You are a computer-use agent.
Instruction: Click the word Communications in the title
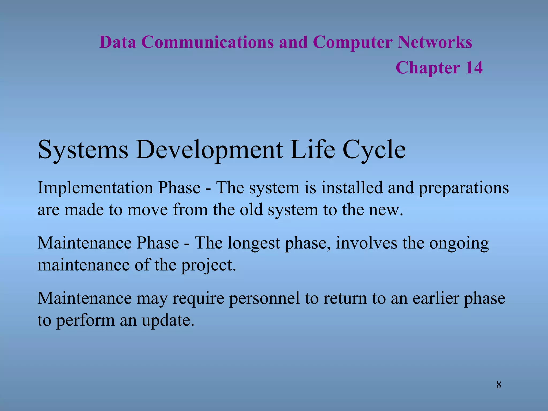point(207,42)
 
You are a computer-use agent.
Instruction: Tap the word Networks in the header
point(435,42)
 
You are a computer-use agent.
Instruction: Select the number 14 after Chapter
point(474,67)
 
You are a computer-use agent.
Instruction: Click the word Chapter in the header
point(428,68)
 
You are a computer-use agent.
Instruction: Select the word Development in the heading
point(209,150)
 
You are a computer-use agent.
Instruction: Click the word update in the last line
point(168,321)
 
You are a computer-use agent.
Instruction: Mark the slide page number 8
point(499,385)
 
